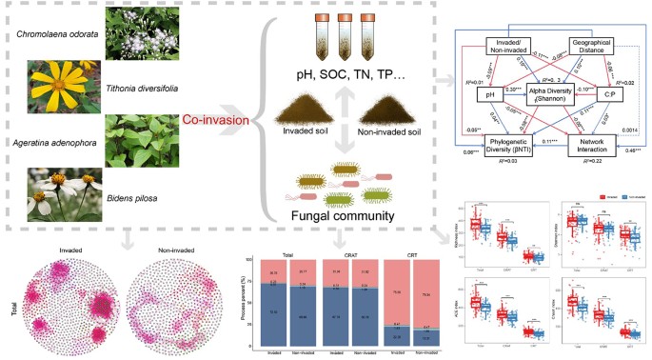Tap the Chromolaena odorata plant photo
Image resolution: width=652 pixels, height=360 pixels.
(135, 35)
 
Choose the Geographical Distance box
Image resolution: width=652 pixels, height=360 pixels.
(596, 48)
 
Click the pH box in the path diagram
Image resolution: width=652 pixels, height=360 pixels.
(487, 94)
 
